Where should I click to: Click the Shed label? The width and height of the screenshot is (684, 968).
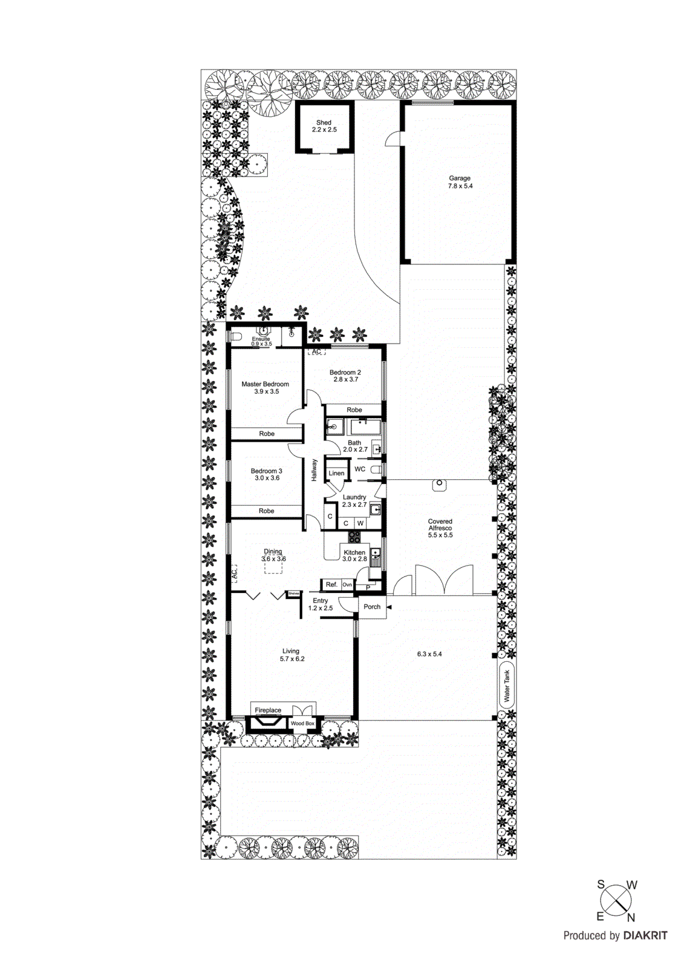click(x=324, y=123)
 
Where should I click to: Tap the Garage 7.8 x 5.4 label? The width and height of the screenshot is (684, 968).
click(x=460, y=182)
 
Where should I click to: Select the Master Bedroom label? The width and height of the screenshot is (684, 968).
click(x=265, y=384)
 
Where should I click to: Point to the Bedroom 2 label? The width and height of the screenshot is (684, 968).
click(x=345, y=373)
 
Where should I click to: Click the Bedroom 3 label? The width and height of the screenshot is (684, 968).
click(x=266, y=471)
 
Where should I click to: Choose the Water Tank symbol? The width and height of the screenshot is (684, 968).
click(x=507, y=685)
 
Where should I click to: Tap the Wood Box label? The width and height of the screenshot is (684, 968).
click(x=302, y=724)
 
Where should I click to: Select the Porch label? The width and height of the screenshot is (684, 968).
click(x=372, y=607)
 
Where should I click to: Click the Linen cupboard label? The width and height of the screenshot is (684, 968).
click(x=336, y=473)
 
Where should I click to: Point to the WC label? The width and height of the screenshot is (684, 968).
click(x=360, y=469)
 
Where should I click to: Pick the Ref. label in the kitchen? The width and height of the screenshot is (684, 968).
click(x=331, y=584)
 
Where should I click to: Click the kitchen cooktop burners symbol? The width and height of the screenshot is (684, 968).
click(x=354, y=537)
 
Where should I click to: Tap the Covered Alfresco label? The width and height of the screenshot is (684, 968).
click(x=440, y=525)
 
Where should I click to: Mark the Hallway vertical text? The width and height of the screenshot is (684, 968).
click(x=314, y=471)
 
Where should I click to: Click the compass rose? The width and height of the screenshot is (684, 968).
click(x=616, y=901)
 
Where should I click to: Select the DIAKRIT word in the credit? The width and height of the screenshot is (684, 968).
click(x=645, y=935)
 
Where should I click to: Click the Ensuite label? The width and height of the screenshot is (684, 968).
click(x=261, y=339)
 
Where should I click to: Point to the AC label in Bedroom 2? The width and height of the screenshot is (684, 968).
click(x=316, y=352)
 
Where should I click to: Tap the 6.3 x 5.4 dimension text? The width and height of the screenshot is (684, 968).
click(x=429, y=654)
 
